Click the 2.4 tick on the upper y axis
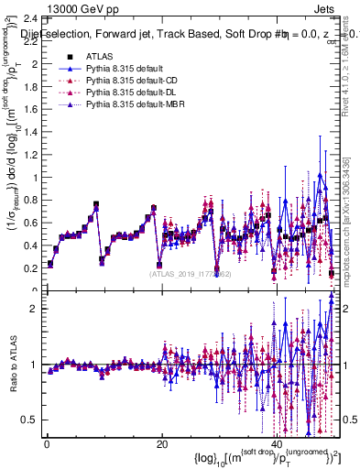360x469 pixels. point(28,18)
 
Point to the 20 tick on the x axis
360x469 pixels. point(162,444)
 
